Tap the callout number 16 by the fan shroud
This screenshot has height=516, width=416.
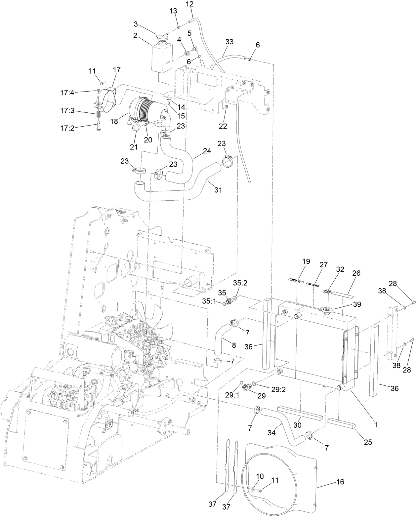[340, 482]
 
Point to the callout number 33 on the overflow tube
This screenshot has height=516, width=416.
[229, 42]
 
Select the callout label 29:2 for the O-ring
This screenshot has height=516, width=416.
[279, 389]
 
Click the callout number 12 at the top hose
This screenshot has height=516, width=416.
[190, 4]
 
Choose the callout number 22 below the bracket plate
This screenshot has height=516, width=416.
[223, 126]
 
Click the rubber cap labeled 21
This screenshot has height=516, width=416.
[137, 129]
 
